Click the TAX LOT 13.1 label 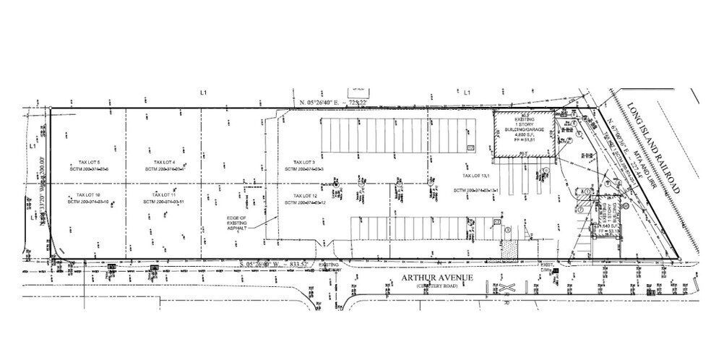coord(477,176)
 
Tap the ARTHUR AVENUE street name coord(434,277)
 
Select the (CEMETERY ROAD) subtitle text coord(434,286)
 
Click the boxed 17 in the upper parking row coord(470,147)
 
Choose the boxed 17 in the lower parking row coord(496,221)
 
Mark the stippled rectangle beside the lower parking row coord(512,248)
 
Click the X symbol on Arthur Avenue coord(507,288)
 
